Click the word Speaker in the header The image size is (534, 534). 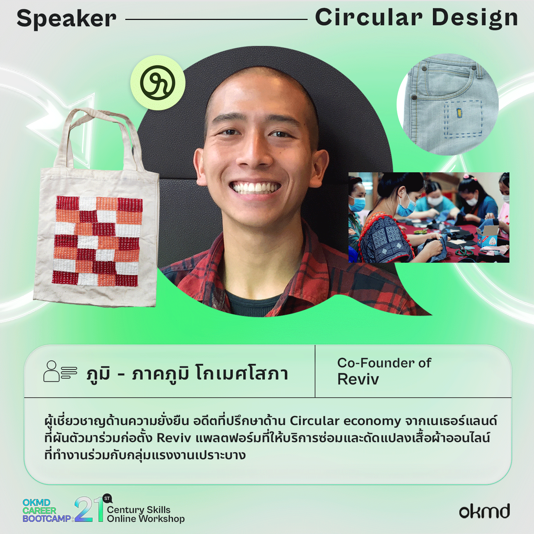click(x=67, y=19)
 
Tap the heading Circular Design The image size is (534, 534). click(x=417, y=18)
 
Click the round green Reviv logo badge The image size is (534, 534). click(x=158, y=83)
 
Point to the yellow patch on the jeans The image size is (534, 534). click(x=459, y=113)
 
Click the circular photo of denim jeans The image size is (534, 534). click(x=448, y=104)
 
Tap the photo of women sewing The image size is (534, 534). click(x=429, y=218)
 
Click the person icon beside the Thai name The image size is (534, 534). click(x=60, y=371)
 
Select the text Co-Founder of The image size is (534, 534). click(x=384, y=363)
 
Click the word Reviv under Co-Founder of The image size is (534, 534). click(x=358, y=379)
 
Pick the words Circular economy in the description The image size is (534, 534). click(x=345, y=421)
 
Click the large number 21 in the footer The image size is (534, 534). click(x=89, y=509)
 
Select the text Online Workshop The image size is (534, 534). click(x=146, y=519)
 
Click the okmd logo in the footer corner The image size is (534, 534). click(x=484, y=511)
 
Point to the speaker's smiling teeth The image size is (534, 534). click(x=255, y=188)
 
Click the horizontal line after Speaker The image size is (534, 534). click(x=216, y=19)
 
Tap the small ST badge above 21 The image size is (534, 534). click(x=107, y=498)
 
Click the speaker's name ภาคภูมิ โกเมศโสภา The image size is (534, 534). click(x=210, y=373)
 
